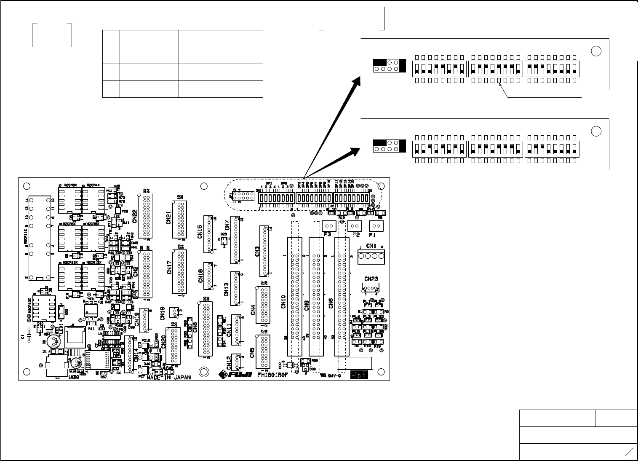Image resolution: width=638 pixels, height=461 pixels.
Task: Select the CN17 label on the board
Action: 169,267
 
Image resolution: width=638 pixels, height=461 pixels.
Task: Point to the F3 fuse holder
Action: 330,226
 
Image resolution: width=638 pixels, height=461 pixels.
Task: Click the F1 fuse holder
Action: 376,226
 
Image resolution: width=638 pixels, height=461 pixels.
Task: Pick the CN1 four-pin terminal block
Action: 371,256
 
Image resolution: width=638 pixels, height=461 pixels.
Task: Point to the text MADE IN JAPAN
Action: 168,378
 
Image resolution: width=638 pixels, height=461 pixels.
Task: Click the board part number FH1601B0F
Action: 272,374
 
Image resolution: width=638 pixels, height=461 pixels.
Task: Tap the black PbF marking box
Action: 359,374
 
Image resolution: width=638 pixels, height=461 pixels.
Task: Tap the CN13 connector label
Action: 227,289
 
